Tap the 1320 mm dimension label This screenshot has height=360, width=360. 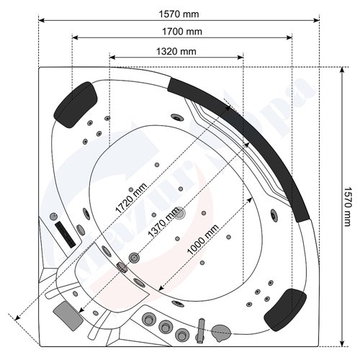(176, 50)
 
